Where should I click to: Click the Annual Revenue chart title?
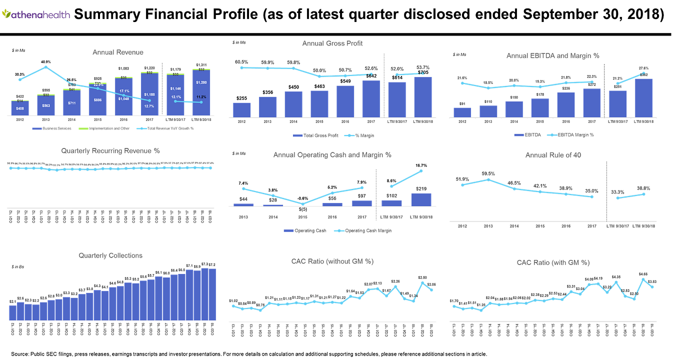coord(118,52)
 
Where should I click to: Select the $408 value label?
coord(20,108)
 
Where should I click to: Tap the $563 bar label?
coord(46,105)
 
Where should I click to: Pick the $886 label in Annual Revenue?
coord(98,100)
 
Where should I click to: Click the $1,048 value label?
coord(123,98)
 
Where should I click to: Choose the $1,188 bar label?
coord(149,94)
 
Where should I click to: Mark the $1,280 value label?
coord(201,82)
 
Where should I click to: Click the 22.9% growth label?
coord(98,84)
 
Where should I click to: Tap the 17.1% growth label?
coord(124,91)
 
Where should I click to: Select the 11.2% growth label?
coord(201,97)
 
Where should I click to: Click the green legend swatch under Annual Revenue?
coord(83,128)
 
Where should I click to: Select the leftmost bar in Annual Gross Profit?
coord(241,109)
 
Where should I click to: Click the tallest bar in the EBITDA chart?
coord(643,97)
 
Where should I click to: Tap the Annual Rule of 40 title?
coord(552,155)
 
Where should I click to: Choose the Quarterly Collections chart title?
coord(110,255)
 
